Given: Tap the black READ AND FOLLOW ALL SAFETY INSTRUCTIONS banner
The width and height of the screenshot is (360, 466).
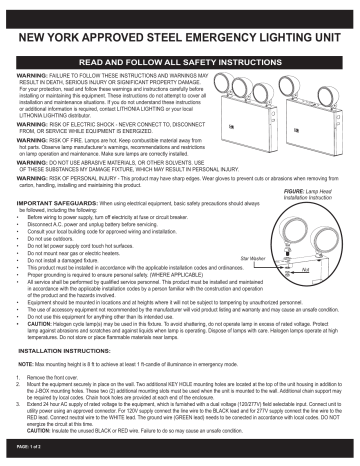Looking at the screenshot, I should [180, 62].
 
